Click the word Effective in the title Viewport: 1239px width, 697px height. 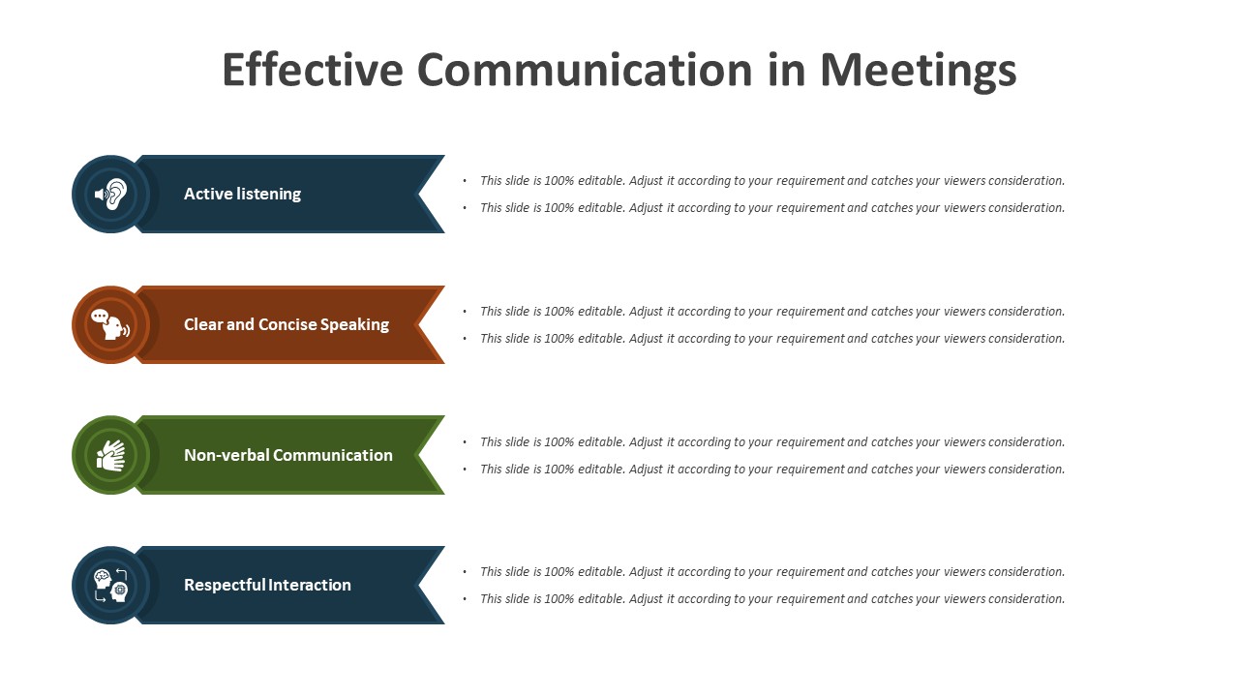click(313, 70)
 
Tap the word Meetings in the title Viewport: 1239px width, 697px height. click(919, 72)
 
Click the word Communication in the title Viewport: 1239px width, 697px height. click(585, 70)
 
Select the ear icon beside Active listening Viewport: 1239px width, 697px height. click(111, 195)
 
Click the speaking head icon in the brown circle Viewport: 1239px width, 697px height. click(110, 324)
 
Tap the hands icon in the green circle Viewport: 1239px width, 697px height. click(110, 455)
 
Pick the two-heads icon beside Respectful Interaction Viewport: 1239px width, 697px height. click(110, 586)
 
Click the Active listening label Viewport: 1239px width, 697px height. click(242, 195)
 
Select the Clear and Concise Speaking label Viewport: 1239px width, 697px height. click(287, 324)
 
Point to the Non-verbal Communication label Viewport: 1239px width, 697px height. click(288, 455)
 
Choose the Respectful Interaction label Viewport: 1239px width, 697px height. click(267, 586)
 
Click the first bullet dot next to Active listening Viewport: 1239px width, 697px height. click(465, 181)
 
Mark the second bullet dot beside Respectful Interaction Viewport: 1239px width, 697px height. click(465, 599)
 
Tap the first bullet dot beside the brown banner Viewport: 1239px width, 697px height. click(465, 312)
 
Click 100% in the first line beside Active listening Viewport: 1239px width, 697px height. click(559, 181)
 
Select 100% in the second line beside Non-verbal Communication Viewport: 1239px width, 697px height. click(559, 470)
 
